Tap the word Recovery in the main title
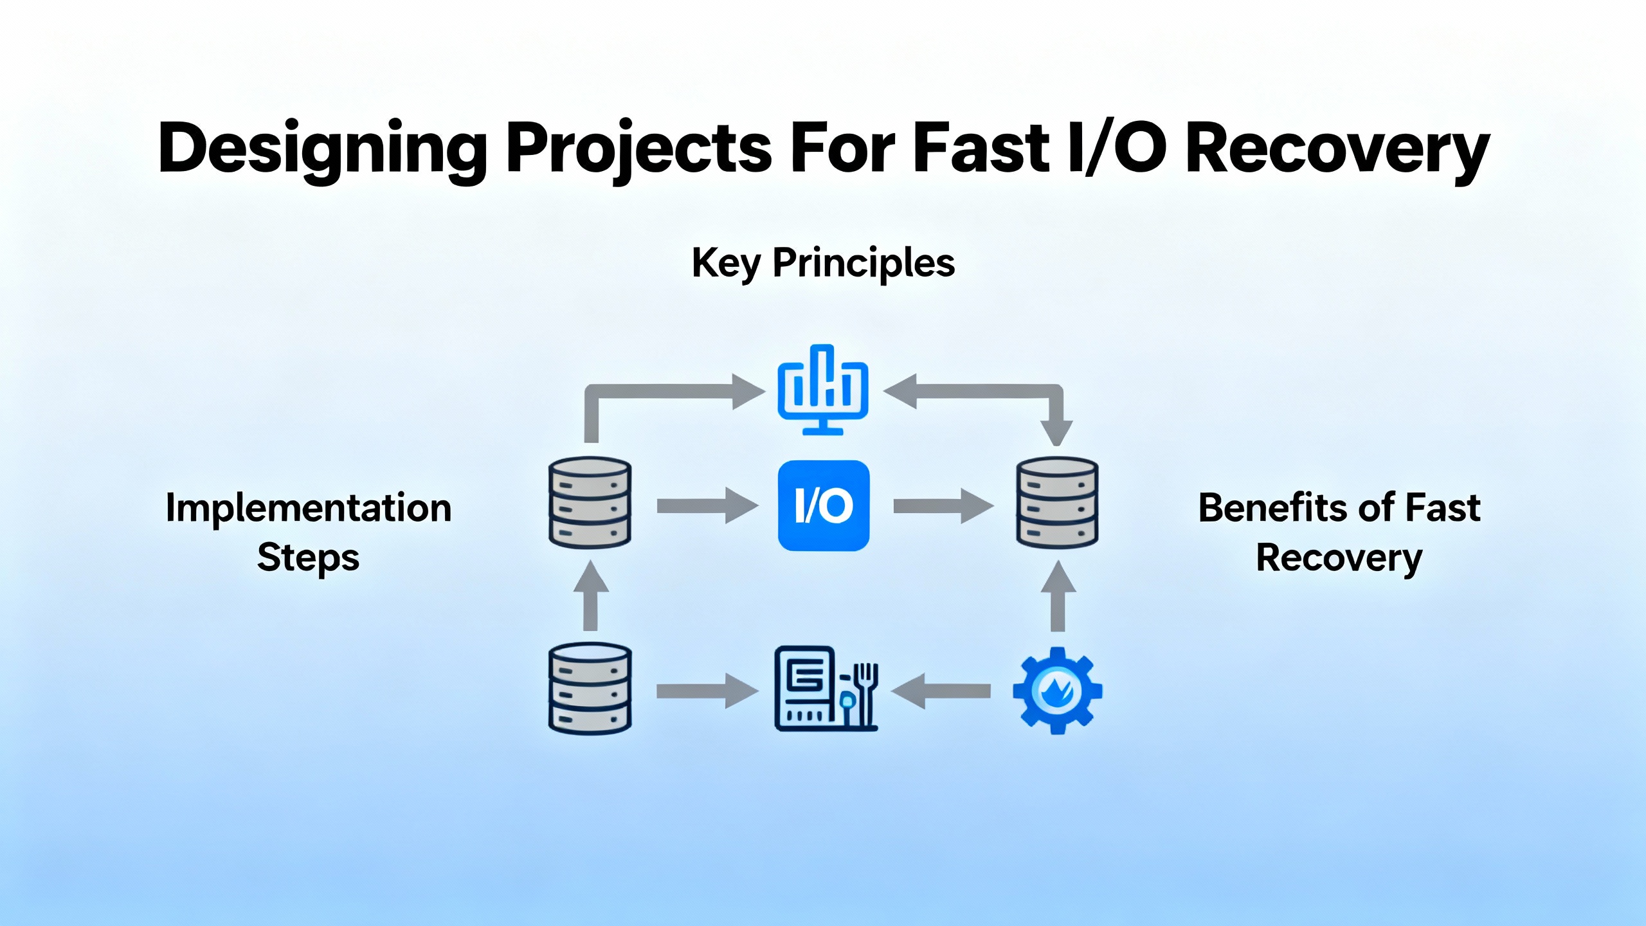[x=1337, y=149]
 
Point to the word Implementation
[x=309, y=508]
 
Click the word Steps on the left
[x=309, y=557]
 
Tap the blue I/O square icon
[x=824, y=505]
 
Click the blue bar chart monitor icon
[x=823, y=390]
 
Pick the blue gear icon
[x=1057, y=691]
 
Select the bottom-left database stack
[x=590, y=688]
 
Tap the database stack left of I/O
[x=590, y=502]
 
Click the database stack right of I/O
[x=1057, y=502]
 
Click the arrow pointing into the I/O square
[x=707, y=506]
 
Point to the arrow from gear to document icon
[x=941, y=691]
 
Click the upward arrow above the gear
[x=1058, y=595]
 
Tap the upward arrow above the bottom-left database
[x=590, y=595]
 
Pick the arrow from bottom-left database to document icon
[x=707, y=691]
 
